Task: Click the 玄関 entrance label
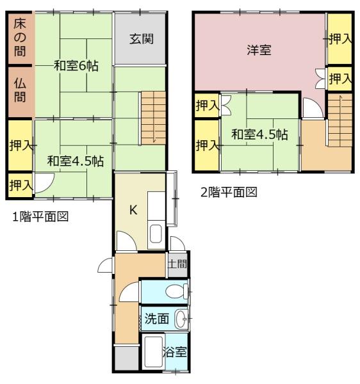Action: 142,39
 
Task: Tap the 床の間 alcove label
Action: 20,38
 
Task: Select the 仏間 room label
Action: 20,90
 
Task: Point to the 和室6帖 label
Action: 76,66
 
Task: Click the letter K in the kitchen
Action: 133,210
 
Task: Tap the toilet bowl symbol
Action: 176,292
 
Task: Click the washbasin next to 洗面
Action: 181,318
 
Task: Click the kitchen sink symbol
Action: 156,234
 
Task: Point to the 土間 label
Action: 177,264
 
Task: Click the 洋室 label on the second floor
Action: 259,50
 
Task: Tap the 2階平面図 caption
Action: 229,192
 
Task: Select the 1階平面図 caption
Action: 40,216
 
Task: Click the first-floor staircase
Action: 153,118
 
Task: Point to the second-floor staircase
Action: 340,120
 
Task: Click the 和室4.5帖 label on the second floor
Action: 259,134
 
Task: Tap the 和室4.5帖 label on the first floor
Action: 76,161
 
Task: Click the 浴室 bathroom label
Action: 175,352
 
